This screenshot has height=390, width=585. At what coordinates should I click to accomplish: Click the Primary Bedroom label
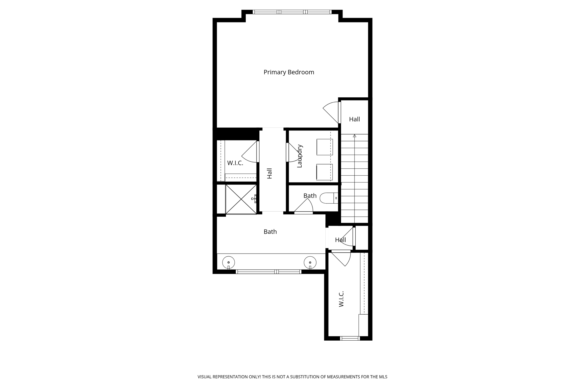click(289, 72)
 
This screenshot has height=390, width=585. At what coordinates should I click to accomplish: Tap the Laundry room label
click(300, 156)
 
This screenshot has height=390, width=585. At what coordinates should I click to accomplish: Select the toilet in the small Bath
click(328, 198)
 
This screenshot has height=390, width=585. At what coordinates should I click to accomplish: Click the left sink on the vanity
click(229, 262)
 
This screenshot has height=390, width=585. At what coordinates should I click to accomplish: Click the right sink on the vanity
click(310, 262)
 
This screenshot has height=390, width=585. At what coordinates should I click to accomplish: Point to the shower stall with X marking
click(241, 199)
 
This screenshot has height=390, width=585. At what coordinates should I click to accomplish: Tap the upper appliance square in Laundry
click(324, 147)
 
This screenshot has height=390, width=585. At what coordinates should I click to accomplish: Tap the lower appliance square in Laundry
click(324, 172)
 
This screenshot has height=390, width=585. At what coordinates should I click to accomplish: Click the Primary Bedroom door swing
click(331, 112)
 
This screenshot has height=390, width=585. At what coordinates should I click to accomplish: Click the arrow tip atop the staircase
click(354, 136)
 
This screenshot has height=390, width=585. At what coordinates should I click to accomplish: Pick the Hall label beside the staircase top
click(354, 119)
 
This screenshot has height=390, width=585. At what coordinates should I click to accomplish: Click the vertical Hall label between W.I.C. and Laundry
click(269, 173)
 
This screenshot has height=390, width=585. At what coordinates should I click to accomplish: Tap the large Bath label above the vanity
click(270, 232)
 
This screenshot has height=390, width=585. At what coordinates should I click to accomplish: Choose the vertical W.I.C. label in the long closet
click(341, 299)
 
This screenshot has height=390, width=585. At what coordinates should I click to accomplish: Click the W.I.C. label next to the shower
click(235, 163)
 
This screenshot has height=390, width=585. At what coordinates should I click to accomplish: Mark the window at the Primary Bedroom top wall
click(292, 12)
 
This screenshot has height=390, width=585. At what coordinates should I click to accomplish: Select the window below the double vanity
click(269, 272)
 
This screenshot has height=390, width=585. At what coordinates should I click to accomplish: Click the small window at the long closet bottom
click(350, 338)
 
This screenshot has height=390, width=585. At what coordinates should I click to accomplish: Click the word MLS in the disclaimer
click(383, 377)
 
